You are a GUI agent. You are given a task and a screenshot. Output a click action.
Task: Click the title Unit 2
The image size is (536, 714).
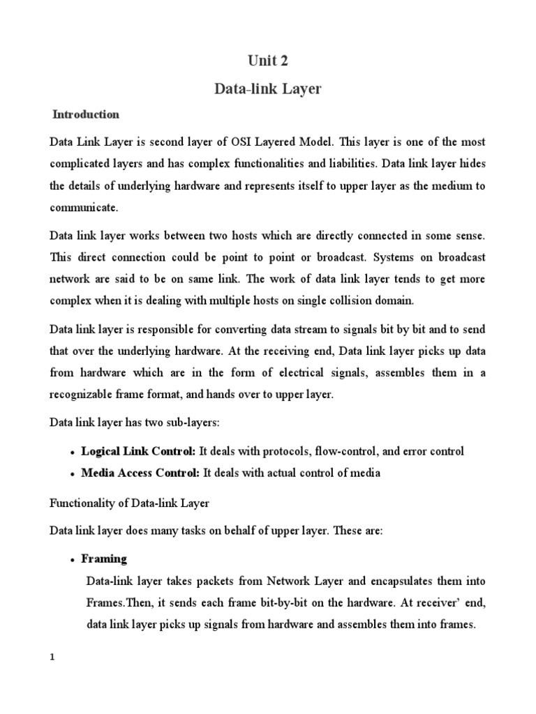(x=267, y=61)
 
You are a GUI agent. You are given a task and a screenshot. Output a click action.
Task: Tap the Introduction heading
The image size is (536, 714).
(x=87, y=114)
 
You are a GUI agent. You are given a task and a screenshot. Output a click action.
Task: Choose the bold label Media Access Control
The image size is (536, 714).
(x=140, y=474)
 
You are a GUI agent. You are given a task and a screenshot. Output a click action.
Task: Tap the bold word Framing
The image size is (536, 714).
(x=104, y=559)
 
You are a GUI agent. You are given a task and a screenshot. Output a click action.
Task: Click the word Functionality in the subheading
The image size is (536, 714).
(x=82, y=503)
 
